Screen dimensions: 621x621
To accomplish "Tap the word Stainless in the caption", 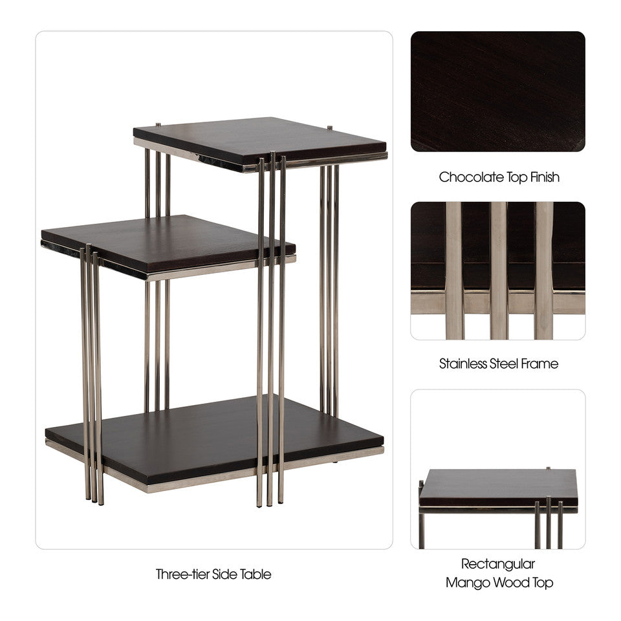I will (x=461, y=364).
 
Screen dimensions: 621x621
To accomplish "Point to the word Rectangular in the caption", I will (x=498, y=564).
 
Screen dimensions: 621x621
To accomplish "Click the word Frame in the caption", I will (x=539, y=364).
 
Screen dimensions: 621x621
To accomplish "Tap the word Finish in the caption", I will (x=542, y=177).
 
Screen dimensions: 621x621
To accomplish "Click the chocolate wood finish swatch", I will (x=497, y=91).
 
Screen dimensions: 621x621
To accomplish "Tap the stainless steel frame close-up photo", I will (x=497, y=270).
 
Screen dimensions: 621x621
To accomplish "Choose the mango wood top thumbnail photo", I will (x=497, y=469).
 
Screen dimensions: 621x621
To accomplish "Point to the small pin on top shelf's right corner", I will (x=330, y=127).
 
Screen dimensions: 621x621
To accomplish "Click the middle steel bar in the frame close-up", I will (x=498, y=270).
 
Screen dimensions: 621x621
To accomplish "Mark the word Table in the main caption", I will (x=257, y=574).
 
